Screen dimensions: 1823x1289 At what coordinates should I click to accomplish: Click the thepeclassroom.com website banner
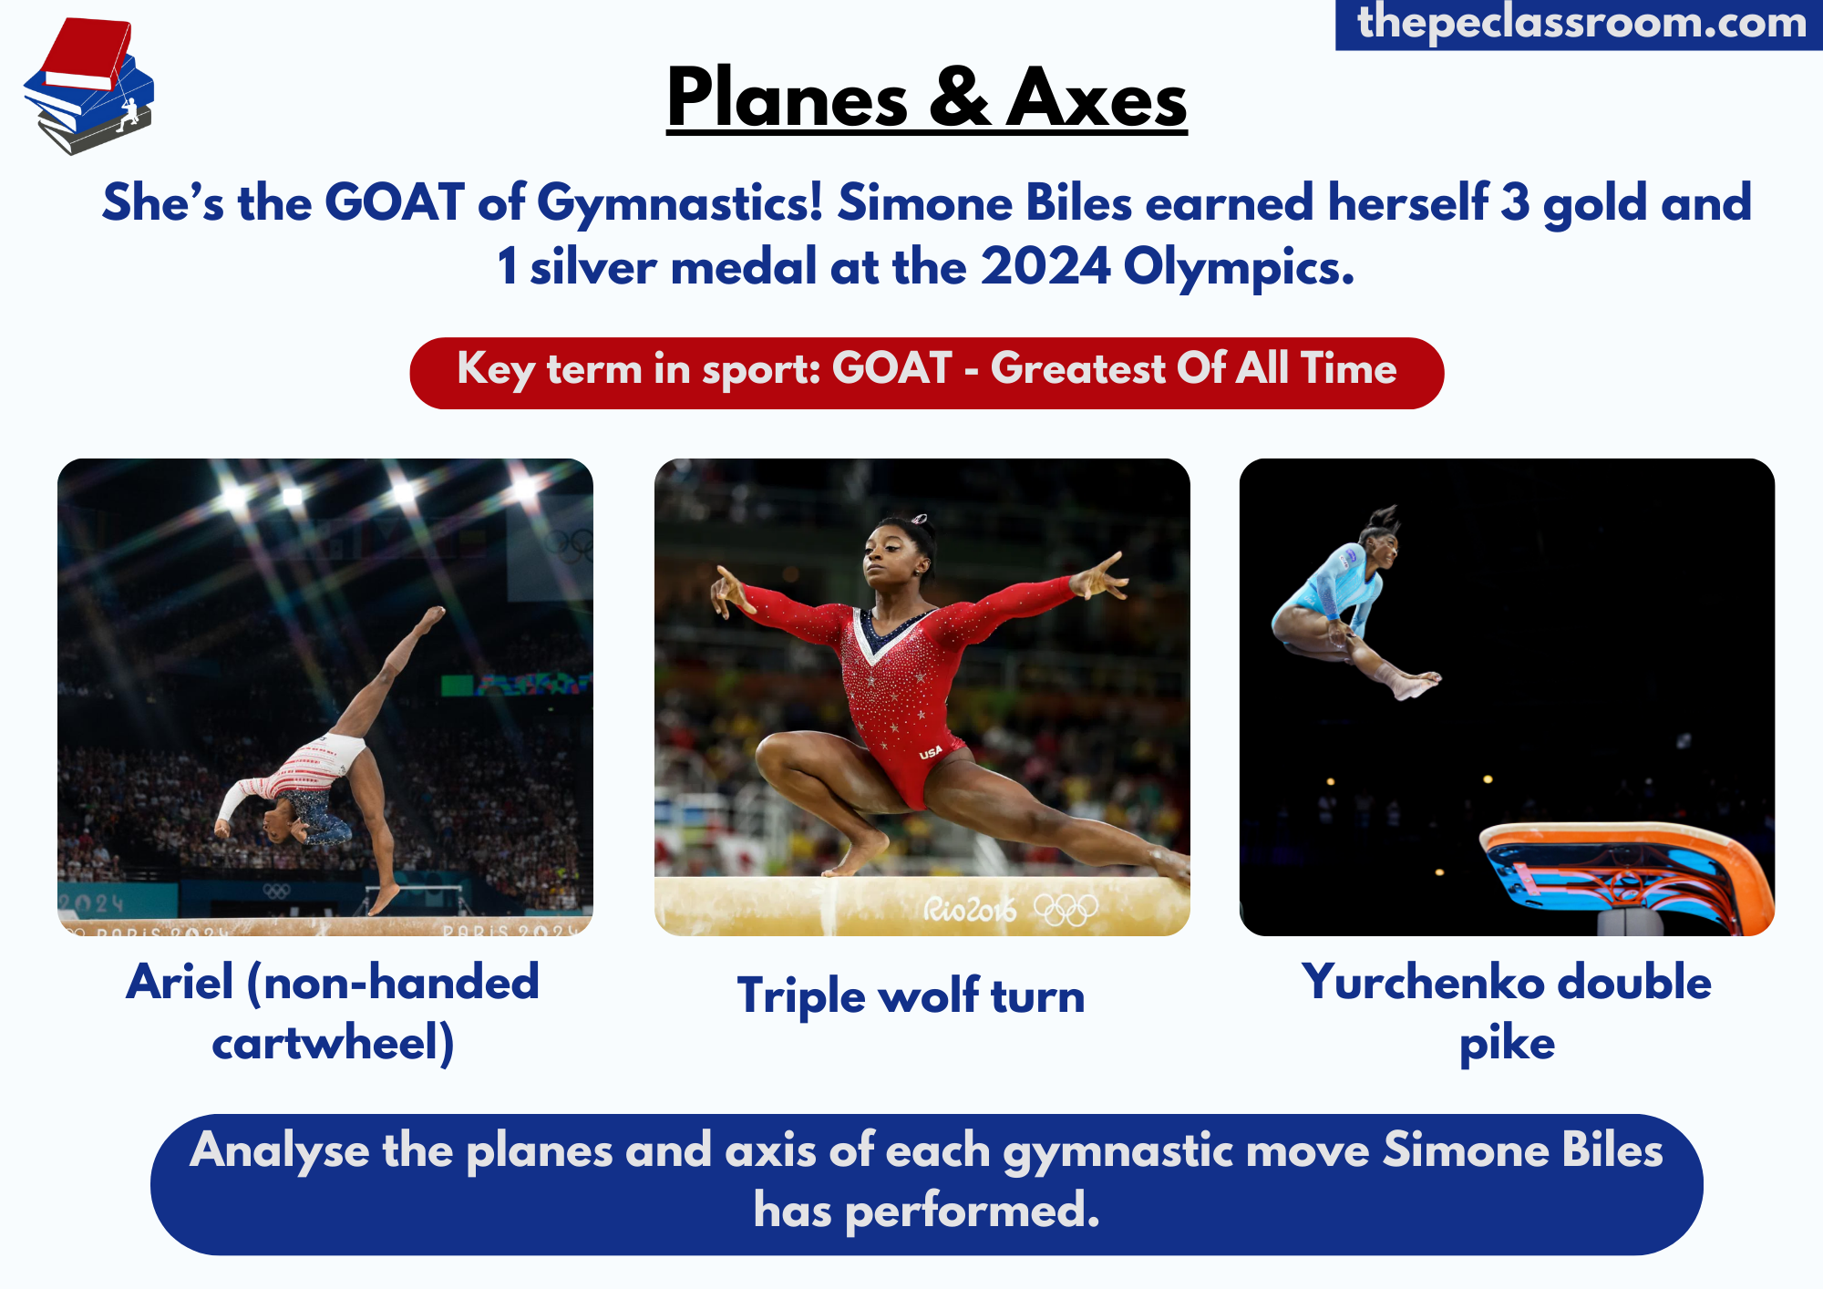1579,24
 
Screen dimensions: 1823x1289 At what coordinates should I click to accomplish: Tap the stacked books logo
88,87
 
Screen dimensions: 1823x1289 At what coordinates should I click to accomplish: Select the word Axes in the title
1097,98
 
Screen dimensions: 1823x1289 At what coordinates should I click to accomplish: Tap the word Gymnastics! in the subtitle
680,204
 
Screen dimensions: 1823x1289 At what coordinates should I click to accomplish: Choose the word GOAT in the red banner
891,369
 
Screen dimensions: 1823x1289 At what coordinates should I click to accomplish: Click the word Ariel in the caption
180,982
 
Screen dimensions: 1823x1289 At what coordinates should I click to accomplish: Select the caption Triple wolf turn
911,995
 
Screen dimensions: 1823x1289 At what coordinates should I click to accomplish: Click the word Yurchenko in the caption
1423,982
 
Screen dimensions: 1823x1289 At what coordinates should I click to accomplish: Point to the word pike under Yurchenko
1508,1044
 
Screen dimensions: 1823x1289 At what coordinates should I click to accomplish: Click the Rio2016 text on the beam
969,908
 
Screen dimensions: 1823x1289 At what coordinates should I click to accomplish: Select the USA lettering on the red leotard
931,753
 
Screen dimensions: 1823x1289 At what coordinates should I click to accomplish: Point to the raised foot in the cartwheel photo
431,617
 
